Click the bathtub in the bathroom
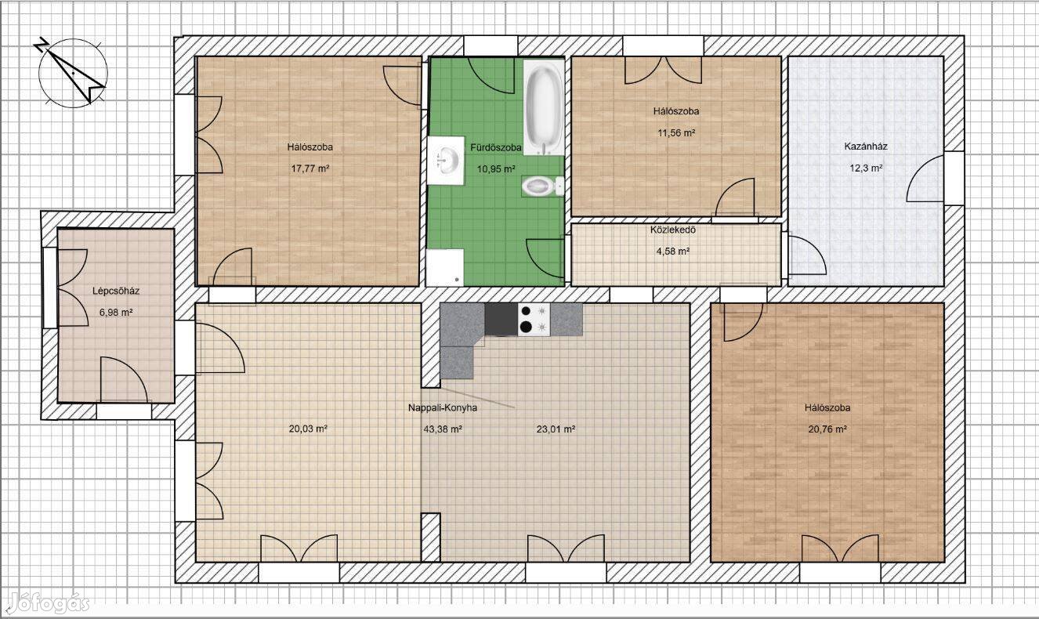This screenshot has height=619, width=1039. (544, 107)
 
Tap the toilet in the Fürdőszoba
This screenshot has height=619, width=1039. (542, 186)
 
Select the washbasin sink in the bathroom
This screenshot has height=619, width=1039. (446, 161)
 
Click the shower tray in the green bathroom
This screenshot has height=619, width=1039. (445, 267)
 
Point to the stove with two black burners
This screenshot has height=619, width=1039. (534, 320)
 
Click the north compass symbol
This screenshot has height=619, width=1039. (72, 72)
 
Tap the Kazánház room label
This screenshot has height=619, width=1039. (866, 147)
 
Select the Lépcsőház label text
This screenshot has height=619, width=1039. (116, 291)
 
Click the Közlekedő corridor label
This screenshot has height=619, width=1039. (672, 230)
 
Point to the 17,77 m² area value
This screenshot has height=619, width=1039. (310, 168)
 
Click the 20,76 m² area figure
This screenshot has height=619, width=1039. (827, 429)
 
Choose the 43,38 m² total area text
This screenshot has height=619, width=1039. (443, 429)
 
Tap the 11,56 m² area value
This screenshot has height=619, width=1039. (676, 133)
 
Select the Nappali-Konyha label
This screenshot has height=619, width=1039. (443, 408)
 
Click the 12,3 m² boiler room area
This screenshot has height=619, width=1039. (866, 168)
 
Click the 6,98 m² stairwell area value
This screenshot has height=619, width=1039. (116, 313)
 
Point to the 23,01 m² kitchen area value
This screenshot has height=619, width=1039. (556, 429)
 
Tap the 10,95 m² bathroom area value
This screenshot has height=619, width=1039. (496, 168)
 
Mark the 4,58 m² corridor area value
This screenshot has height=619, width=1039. (672, 252)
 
